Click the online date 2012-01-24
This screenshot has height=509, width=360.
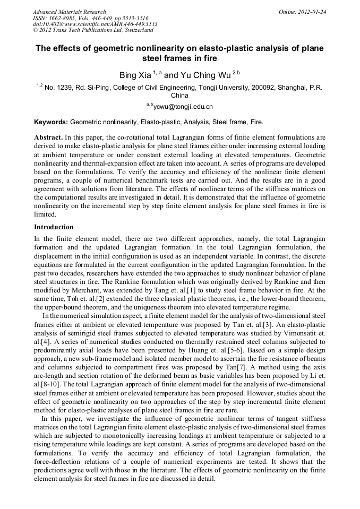(x=312, y=12)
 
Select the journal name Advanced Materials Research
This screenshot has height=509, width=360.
(x=69, y=12)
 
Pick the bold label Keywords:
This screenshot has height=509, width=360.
(x=50, y=122)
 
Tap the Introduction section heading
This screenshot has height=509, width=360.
(x=54, y=227)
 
